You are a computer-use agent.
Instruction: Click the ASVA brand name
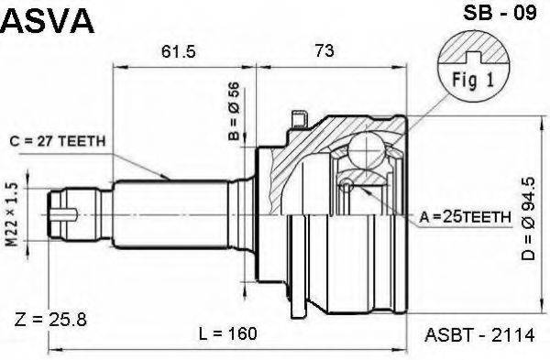pyautogui.click(x=48, y=21)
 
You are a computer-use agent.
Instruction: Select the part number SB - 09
pyautogui.click(x=500, y=14)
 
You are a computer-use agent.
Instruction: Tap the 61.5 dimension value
pyautogui.click(x=178, y=52)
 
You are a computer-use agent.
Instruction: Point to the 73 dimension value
pyautogui.click(x=324, y=50)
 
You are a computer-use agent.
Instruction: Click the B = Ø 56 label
pyautogui.click(x=234, y=111)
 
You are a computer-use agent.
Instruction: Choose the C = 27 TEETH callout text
pyautogui.click(x=58, y=141)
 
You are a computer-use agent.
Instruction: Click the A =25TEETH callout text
pyautogui.click(x=465, y=218)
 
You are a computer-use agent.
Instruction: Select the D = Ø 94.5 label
pyautogui.click(x=528, y=219)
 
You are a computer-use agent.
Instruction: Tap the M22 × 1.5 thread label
pyautogui.click(x=12, y=214)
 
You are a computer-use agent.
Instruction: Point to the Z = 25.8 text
pyautogui.click(x=50, y=320)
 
